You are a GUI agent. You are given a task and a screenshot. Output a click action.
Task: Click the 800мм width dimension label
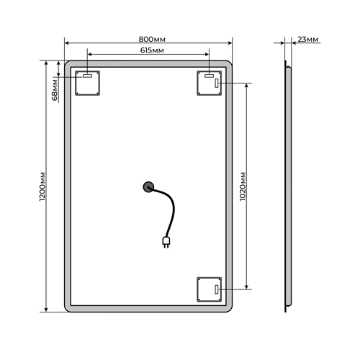coord(152,39)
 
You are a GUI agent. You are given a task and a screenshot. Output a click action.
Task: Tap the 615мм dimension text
coord(152,50)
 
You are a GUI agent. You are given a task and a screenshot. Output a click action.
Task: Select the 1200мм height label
coord(42,186)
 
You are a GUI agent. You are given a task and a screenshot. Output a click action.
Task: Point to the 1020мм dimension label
coord(243,186)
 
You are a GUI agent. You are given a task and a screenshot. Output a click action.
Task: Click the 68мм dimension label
coord(55,90)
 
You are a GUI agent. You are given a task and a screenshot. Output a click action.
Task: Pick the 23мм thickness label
coord(308,39)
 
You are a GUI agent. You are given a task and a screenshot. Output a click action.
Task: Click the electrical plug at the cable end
coord(166,242)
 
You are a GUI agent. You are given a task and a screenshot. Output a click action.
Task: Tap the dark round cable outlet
coord(148,187)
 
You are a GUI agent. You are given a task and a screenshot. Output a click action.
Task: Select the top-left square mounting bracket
coord(87,83)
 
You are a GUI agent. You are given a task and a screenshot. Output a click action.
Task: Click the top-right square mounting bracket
coord(209,83)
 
